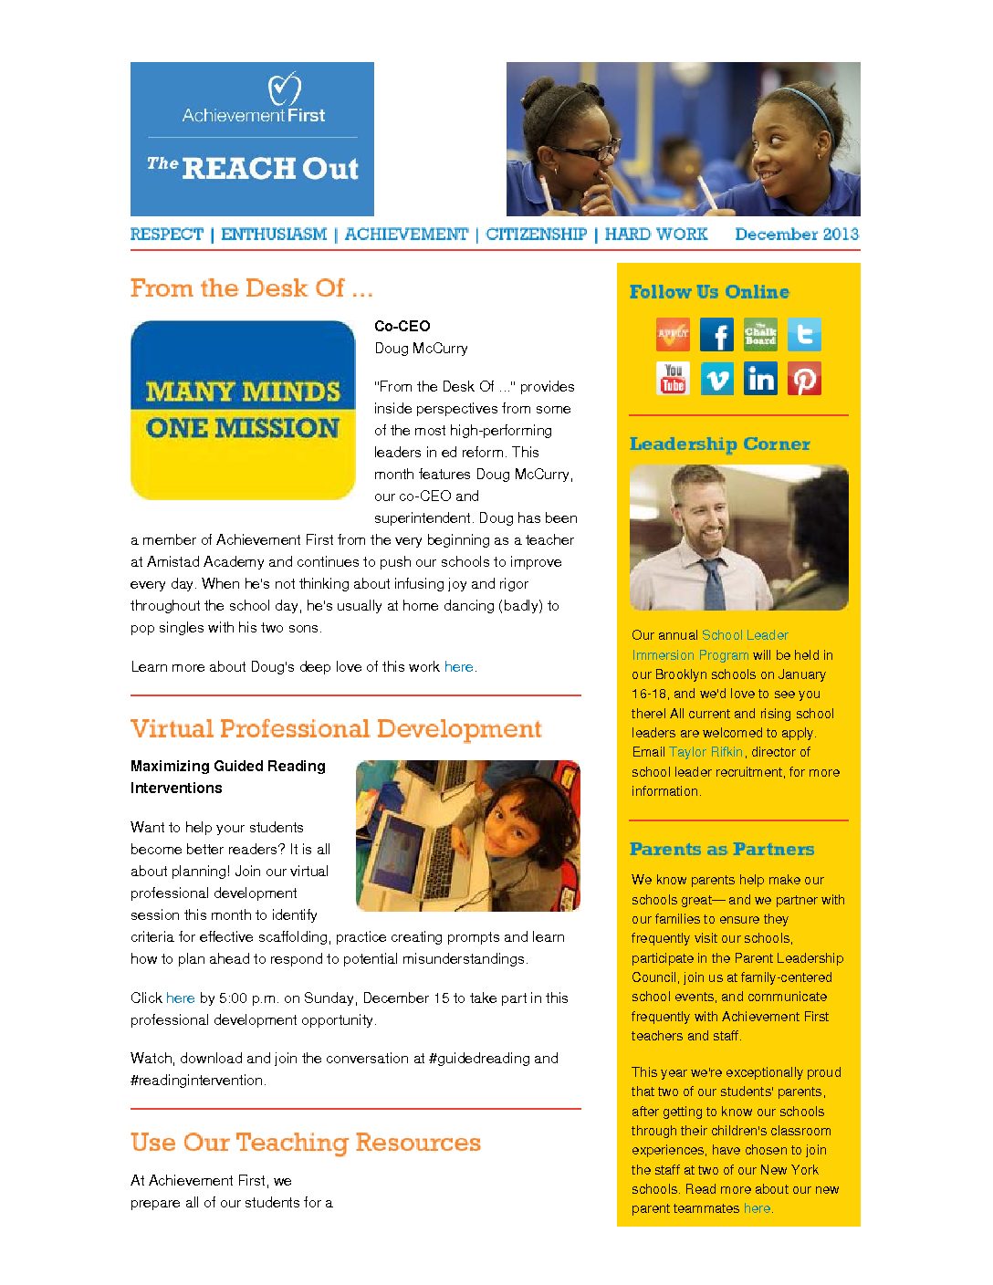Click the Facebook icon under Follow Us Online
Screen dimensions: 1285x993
(716, 335)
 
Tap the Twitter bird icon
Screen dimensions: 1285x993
(804, 335)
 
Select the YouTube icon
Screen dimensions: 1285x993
(674, 379)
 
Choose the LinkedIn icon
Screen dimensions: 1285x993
(760, 379)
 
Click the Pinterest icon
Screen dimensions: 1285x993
(804, 379)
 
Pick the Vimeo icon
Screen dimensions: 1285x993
(716, 379)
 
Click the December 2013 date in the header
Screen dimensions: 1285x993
(797, 235)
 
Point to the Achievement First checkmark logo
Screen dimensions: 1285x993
(284, 89)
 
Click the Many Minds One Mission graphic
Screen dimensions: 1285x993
(243, 410)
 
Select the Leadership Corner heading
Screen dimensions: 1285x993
(719, 444)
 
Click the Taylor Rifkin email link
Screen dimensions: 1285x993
(706, 752)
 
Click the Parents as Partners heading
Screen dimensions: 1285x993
(721, 850)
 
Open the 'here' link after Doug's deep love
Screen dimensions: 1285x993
(458, 667)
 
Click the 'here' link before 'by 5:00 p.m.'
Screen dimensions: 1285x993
(180, 998)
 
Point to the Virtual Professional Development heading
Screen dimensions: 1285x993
(336, 729)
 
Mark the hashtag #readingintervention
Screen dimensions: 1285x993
(197, 1081)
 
